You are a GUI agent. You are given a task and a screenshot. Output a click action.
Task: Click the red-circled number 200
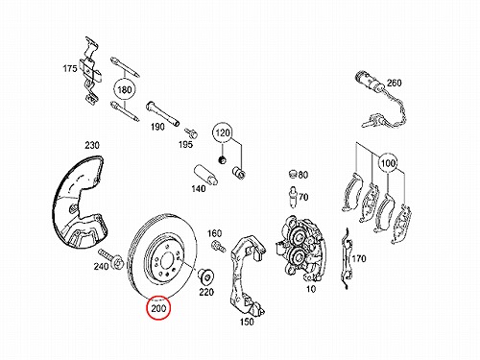pos(158,308)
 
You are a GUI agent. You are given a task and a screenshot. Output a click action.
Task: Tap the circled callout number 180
pos(125,89)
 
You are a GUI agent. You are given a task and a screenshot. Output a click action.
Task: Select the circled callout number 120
pos(223,132)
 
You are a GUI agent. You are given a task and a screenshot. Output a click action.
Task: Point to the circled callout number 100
pos(388,163)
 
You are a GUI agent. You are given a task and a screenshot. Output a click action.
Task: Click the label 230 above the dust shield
pos(92,145)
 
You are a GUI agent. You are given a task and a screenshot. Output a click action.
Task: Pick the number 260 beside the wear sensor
pos(394,83)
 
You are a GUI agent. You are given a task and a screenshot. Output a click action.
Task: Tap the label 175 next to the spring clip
pos(70,68)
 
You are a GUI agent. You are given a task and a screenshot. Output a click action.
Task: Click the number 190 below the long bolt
pos(157,127)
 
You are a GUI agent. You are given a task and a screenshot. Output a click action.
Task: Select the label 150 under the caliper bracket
pos(247,322)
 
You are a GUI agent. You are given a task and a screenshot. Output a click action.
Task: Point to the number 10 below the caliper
pos(311,289)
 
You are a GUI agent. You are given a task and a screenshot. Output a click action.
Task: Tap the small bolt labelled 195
pos(191,132)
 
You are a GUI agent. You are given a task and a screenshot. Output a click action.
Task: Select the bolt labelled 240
pos(111,258)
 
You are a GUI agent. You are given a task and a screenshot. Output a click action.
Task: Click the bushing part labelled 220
pos(205,276)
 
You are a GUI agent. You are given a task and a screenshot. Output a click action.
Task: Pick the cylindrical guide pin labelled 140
pos(205,175)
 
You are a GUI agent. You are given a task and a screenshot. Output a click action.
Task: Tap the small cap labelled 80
pos(292,175)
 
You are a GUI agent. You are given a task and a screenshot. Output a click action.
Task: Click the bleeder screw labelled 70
pos(293,197)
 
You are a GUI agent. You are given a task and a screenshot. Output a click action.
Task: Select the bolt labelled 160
pos(218,246)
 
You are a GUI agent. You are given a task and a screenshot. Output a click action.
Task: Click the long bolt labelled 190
pos(163,114)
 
